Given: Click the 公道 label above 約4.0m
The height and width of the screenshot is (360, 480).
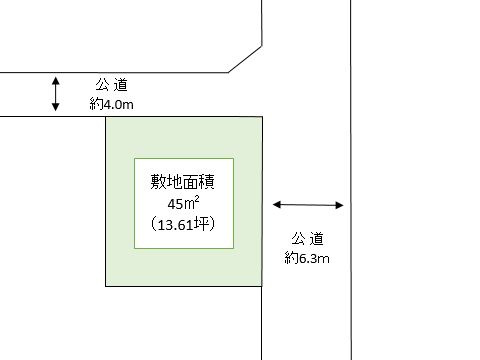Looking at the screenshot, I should [x=111, y=85].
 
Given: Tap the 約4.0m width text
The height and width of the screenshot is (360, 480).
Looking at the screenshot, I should [x=111, y=103].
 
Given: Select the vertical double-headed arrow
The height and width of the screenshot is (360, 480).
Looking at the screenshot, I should [x=56, y=94].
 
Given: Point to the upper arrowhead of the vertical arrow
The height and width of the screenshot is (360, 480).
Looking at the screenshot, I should [x=56, y=79].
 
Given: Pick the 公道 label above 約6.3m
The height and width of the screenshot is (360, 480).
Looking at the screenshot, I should [x=307, y=239].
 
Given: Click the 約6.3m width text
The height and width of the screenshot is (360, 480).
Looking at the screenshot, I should [x=307, y=258].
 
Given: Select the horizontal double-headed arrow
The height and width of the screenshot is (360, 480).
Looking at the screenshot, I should [x=308, y=205].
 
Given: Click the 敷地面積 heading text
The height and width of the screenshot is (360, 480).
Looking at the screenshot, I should [x=184, y=184].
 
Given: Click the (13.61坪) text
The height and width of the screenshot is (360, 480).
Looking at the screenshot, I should [x=184, y=224].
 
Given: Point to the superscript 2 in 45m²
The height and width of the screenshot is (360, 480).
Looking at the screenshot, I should [x=200, y=199].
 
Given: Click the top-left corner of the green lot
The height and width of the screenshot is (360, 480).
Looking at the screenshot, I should [x=106, y=117].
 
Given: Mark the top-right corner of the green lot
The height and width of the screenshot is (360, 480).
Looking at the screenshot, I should [x=262, y=117].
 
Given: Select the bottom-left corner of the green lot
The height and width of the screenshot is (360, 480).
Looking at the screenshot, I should [x=106, y=286].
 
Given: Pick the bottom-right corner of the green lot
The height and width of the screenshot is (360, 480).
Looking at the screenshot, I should [x=262, y=286].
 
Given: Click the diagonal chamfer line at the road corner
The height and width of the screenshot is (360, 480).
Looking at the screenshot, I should [x=245, y=56].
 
